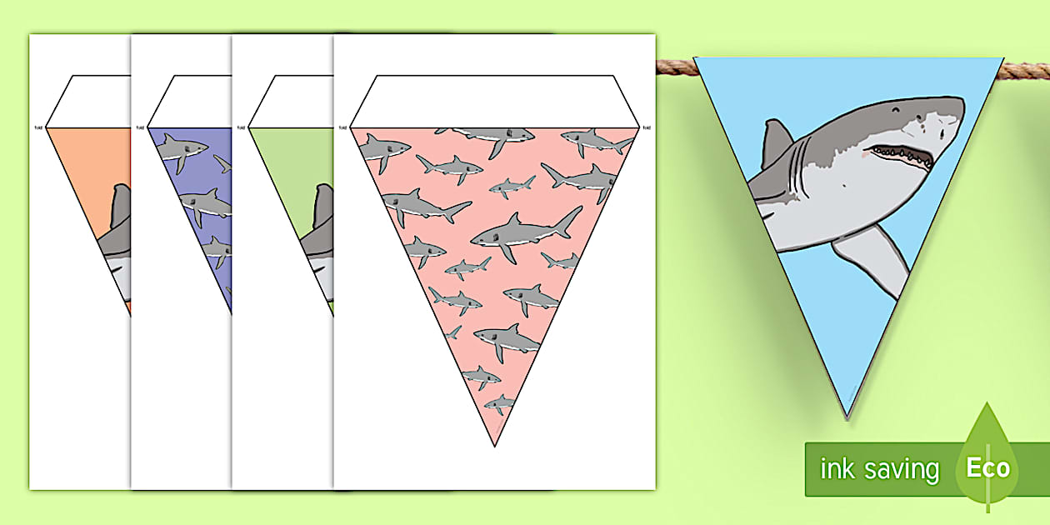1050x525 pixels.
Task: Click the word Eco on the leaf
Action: click(987, 467)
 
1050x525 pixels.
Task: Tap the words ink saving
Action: click(879, 469)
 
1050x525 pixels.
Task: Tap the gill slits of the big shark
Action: click(804, 167)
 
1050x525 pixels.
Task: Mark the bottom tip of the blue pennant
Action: click(847, 416)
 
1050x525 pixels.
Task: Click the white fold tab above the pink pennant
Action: click(495, 101)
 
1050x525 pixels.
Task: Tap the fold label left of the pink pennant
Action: click(342, 127)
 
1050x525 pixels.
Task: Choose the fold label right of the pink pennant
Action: click(647, 127)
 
